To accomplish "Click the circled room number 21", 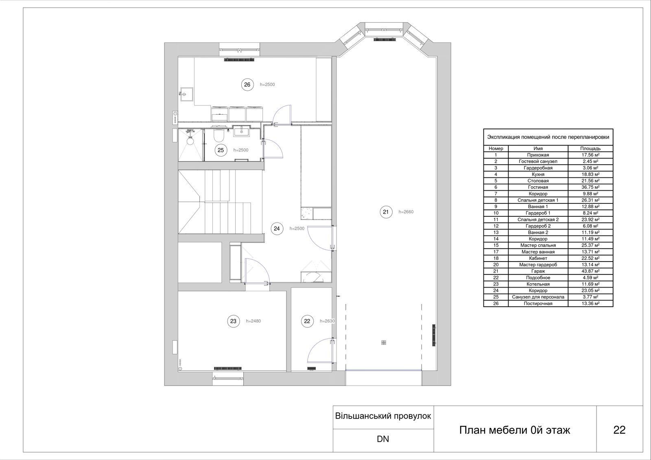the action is (386, 212).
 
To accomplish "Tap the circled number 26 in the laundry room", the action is (247, 85).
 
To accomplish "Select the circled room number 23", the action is (234, 321).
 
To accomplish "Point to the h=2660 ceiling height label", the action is (406, 212).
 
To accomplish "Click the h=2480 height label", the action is (253, 321).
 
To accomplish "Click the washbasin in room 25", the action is (241, 131).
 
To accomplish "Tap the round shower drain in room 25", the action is (190, 141).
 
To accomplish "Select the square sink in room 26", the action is (187, 94).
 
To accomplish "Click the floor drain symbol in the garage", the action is (384, 342).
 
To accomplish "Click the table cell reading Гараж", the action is (538, 271).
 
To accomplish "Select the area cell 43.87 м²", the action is (590, 271).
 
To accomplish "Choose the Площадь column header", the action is (590, 148).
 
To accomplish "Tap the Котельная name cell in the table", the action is (538, 284).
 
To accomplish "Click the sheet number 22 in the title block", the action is (619, 430).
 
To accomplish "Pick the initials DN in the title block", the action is (383, 439).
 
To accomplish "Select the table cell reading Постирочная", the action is (538, 304).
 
